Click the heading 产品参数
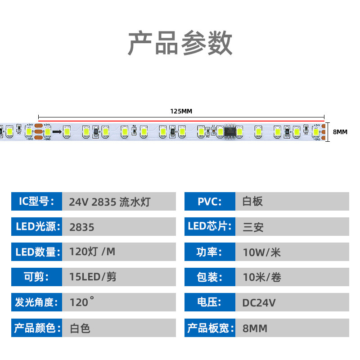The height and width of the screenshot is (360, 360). coord(180,44)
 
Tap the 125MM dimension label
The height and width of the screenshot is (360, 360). coord(181,112)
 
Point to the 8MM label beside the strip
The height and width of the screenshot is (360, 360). coord(340,132)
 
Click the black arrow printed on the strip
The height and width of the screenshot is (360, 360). coord(57,132)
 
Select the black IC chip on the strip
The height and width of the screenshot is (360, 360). coord(230,131)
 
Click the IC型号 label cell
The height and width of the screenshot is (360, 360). coord(36,201)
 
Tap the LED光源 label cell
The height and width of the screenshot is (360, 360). coord(36,227)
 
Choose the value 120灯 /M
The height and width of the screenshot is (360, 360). coord(92,252)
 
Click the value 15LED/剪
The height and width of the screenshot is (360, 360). coord(93,277)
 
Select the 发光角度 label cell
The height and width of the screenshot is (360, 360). coord(36,302)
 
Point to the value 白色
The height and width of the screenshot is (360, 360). coord(80,328)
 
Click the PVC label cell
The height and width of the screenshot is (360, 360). coord(210,201)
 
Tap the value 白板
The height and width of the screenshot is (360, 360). coord(252,202)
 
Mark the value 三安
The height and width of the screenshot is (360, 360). coord(252,227)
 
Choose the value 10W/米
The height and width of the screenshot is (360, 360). coord(261,252)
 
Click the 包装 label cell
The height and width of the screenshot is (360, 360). coord(210,277)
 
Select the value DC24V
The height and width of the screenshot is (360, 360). coord(259,302)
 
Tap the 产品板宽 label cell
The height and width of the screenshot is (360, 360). coord(210,328)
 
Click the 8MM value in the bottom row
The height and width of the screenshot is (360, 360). coord(255,328)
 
